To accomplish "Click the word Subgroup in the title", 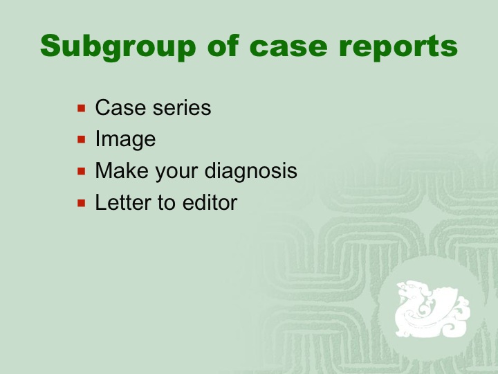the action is (x=118, y=47).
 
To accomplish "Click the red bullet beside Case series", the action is (x=82, y=108).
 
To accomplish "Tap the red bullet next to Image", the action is (x=82, y=139).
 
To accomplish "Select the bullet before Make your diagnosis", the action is (x=82, y=171).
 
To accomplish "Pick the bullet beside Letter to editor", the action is (x=82, y=203).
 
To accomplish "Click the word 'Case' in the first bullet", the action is (x=121, y=107).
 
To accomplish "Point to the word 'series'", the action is (x=182, y=108).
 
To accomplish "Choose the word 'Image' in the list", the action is (x=125, y=140).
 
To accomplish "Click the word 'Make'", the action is (x=122, y=171).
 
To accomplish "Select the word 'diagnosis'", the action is (x=251, y=172).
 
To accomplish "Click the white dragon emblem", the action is (x=432, y=309).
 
